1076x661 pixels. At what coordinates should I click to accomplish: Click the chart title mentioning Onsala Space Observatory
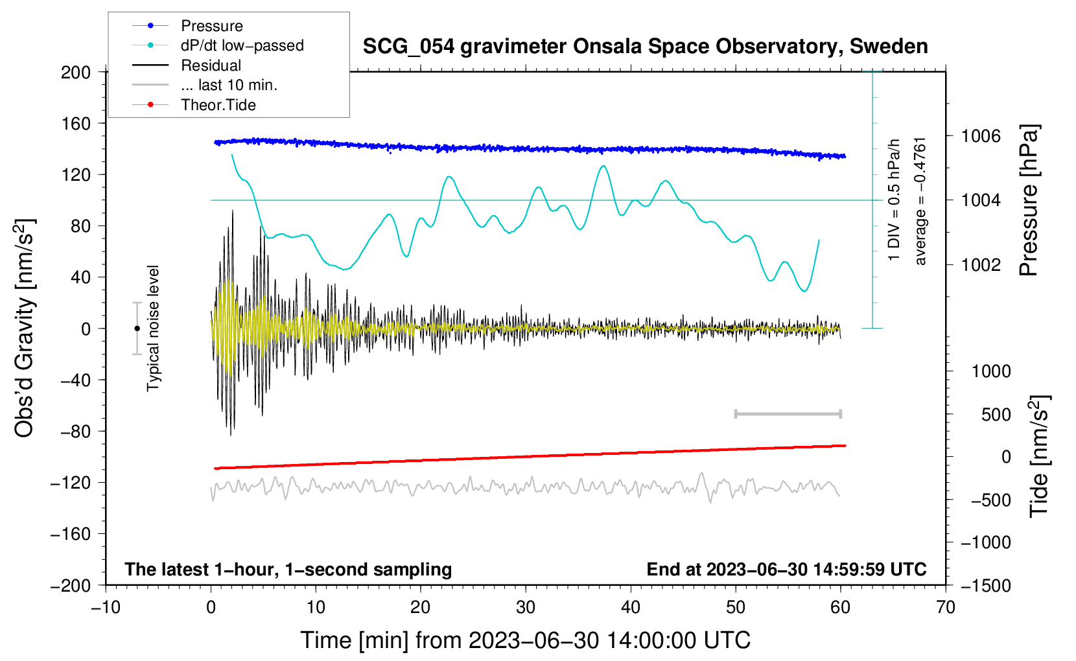(x=645, y=47)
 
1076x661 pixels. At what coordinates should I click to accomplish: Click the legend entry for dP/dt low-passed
(x=242, y=45)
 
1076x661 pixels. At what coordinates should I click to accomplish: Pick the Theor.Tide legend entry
(x=218, y=105)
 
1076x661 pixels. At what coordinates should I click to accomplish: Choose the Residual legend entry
(x=211, y=65)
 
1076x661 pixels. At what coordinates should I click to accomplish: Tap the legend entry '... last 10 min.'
(x=229, y=85)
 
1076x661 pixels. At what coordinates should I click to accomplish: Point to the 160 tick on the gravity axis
(x=76, y=123)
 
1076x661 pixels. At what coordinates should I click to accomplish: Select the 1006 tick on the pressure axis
(x=981, y=136)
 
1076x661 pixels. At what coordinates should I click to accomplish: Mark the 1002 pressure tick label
(x=981, y=264)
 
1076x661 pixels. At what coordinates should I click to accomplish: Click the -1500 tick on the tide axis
(x=986, y=585)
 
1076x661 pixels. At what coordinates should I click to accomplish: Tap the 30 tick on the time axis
(x=526, y=607)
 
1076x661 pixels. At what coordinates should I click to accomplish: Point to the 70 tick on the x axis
(x=946, y=607)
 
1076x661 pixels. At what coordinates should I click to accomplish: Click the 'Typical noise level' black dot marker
(x=137, y=329)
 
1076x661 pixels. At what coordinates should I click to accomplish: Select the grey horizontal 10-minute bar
(x=788, y=413)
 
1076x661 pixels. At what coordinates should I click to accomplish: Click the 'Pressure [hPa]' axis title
(x=1029, y=201)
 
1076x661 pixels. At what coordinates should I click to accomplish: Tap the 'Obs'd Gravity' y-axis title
(x=25, y=329)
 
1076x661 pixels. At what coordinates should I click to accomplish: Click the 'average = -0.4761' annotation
(x=920, y=201)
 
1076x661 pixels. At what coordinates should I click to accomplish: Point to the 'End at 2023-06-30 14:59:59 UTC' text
(x=786, y=569)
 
